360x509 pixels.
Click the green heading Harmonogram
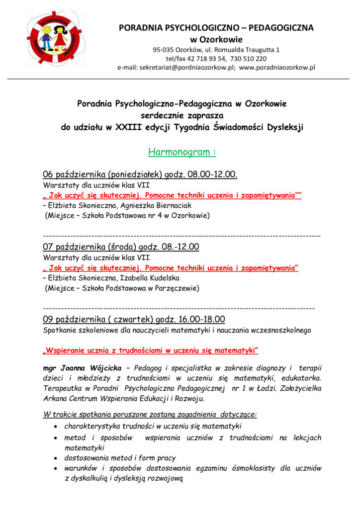coord(181,152)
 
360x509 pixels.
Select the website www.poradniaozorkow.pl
coord(277,68)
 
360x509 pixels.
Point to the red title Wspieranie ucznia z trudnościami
coord(152,350)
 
